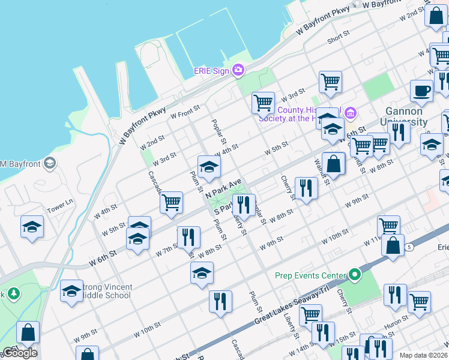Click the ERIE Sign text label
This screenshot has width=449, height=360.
click(x=212, y=71)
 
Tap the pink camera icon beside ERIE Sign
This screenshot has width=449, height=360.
click(x=238, y=71)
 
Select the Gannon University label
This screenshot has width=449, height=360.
click(x=403, y=116)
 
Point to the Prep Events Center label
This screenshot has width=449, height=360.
click(x=310, y=276)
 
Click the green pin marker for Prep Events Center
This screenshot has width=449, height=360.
click(x=355, y=276)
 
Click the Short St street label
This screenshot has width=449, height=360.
click(x=338, y=40)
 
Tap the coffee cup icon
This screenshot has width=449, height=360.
click(x=421, y=91)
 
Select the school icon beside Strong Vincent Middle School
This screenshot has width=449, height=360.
click(x=71, y=291)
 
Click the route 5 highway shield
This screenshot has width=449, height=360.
click(x=409, y=247)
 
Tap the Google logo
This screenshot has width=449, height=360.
click(x=20, y=353)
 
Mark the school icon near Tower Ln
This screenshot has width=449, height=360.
click(x=32, y=227)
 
